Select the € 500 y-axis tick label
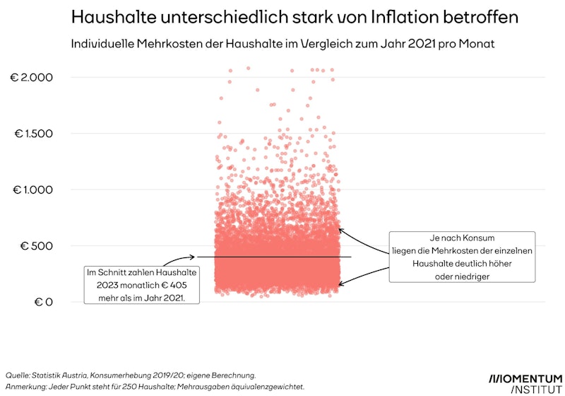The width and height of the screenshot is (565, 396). pyautogui.click(x=37, y=246)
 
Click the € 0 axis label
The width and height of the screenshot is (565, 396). pyautogui.click(x=43, y=302)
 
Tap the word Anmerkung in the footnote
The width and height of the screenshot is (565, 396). pyautogui.click(x=28, y=387)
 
